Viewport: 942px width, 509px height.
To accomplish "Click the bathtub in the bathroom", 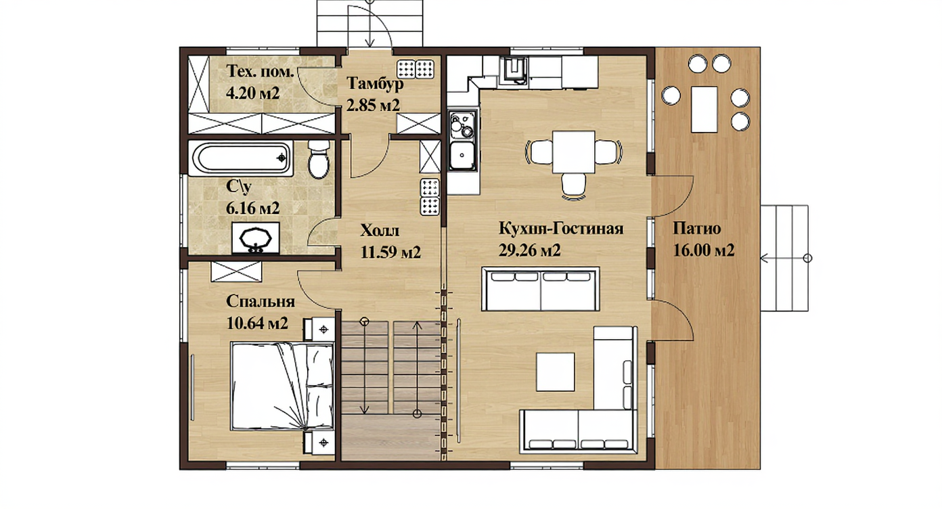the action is click(x=240, y=158).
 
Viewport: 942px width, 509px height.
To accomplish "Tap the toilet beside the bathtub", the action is click(x=319, y=160).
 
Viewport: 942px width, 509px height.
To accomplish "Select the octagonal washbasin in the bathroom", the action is click(x=256, y=238).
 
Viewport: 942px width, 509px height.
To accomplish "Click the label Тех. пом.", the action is click(x=260, y=71).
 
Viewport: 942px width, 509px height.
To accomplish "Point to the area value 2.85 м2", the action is click(x=373, y=105).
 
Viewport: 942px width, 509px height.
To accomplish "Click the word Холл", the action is click(x=380, y=231).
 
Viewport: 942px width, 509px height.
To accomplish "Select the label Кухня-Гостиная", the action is click(x=561, y=228).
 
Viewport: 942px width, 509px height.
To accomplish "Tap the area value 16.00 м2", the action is click(x=704, y=250).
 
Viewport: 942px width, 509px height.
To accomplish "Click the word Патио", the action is click(x=697, y=229).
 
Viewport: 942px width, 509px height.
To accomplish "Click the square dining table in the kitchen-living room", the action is click(x=574, y=152).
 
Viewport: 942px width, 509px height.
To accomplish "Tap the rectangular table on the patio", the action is click(x=704, y=110).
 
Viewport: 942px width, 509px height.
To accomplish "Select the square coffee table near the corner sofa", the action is click(x=556, y=372).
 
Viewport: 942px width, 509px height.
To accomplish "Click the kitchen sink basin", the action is click(x=462, y=155).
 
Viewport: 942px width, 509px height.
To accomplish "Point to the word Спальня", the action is click(x=261, y=302).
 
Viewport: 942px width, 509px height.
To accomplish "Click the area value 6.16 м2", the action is click(x=252, y=208).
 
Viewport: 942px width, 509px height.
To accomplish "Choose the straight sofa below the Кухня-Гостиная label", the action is click(x=541, y=289).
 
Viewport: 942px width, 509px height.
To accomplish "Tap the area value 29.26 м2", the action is click(x=529, y=250).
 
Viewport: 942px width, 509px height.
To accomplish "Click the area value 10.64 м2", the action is click(x=257, y=323).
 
